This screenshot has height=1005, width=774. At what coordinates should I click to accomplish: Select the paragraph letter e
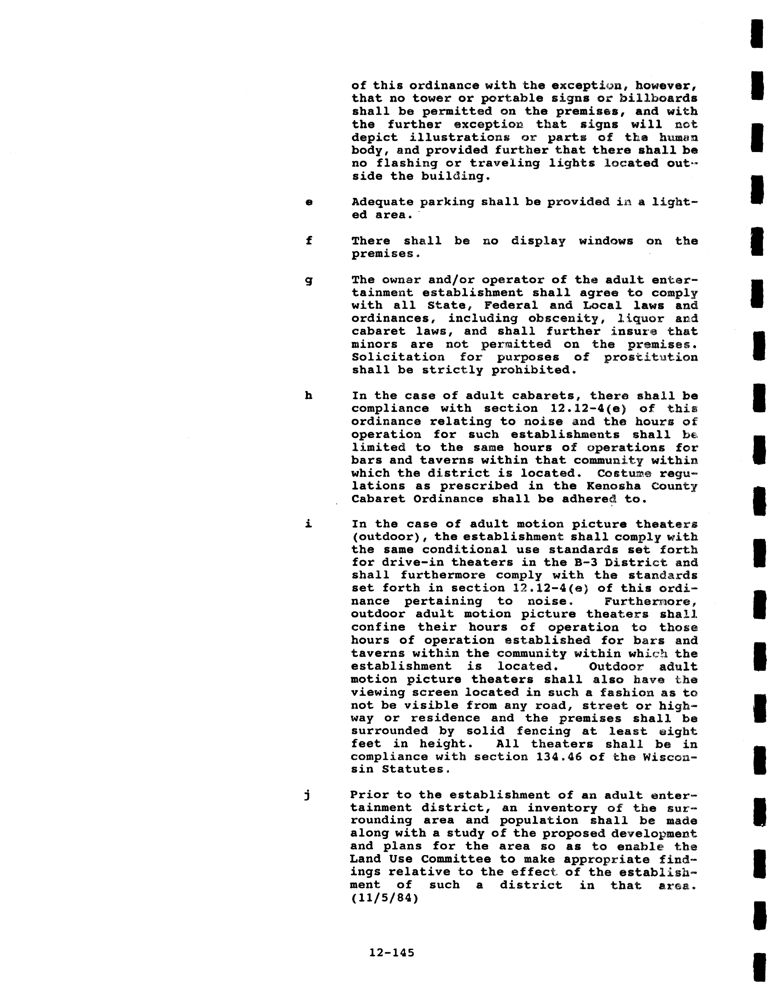click(309, 202)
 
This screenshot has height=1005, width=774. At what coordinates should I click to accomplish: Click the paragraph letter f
click(309, 241)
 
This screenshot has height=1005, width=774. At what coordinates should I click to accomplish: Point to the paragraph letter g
click(309, 280)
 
